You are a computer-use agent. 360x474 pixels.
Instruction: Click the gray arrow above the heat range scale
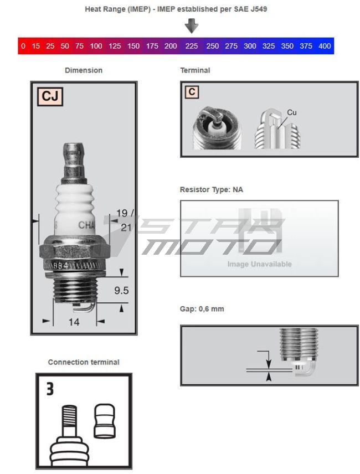click(x=192, y=25)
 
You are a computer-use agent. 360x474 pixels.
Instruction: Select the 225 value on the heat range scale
click(x=192, y=46)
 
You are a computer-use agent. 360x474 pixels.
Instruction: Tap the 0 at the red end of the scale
click(x=23, y=46)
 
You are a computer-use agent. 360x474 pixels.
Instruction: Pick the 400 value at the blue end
click(x=325, y=46)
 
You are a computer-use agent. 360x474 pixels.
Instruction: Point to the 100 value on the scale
click(x=96, y=46)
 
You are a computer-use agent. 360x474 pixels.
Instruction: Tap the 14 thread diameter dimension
click(x=74, y=322)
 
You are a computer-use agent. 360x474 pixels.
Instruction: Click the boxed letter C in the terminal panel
click(x=192, y=92)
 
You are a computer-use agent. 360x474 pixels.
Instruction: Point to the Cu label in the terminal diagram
click(x=292, y=112)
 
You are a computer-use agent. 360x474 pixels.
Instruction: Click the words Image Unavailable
click(x=259, y=264)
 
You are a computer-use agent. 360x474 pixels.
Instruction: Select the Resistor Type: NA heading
click(x=211, y=189)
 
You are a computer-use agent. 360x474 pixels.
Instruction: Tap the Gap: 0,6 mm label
click(x=202, y=308)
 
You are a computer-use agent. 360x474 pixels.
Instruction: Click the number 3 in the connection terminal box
click(x=50, y=389)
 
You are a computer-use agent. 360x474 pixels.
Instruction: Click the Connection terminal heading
click(x=84, y=362)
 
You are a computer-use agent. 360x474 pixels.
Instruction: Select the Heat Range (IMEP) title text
click(x=176, y=9)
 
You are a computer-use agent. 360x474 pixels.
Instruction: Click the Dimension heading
click(x=84, y=70)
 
